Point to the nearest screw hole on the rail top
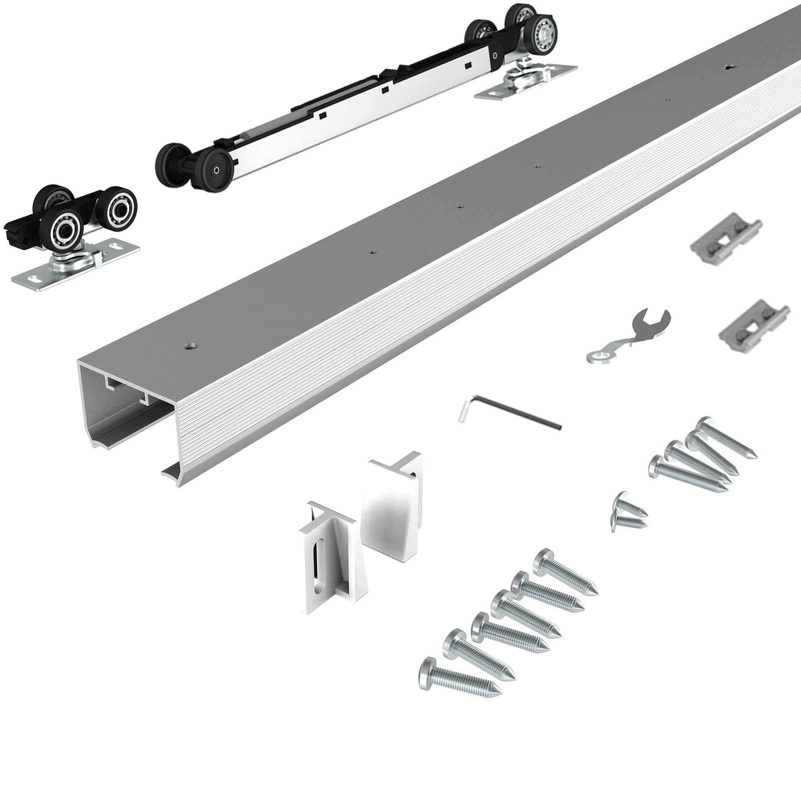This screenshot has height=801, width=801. coord(191,345)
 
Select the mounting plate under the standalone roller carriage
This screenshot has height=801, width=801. coord(74,270)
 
